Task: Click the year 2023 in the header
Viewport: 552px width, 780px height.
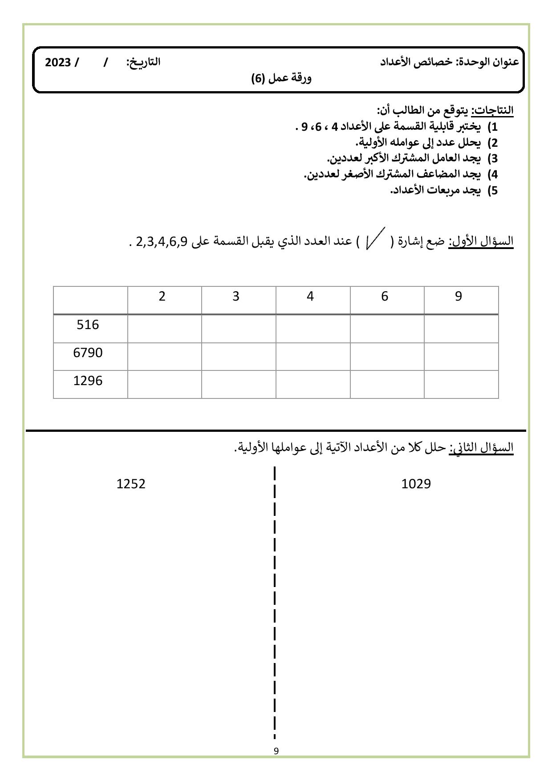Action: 58,62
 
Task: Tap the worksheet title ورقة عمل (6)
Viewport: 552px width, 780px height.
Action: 281,78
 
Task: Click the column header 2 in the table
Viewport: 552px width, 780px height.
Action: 162,297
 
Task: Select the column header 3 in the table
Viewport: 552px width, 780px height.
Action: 236,297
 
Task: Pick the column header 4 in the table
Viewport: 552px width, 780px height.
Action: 310,297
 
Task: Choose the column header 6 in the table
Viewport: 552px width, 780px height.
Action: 385,297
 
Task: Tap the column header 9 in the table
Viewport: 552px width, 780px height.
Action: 459,297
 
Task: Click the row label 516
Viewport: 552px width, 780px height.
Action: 88,325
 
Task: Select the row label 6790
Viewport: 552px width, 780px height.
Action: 88,353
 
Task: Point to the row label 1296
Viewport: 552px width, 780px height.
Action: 88,381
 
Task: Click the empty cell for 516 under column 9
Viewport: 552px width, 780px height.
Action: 461,329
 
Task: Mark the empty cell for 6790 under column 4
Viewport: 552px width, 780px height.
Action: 313,357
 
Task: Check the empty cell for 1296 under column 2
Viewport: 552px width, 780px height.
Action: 165,385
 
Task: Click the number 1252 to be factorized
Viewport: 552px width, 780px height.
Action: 131,484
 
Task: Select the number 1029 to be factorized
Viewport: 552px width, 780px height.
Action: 416,484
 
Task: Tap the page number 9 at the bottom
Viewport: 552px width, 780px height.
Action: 276,751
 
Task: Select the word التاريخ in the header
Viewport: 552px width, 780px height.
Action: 143,62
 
